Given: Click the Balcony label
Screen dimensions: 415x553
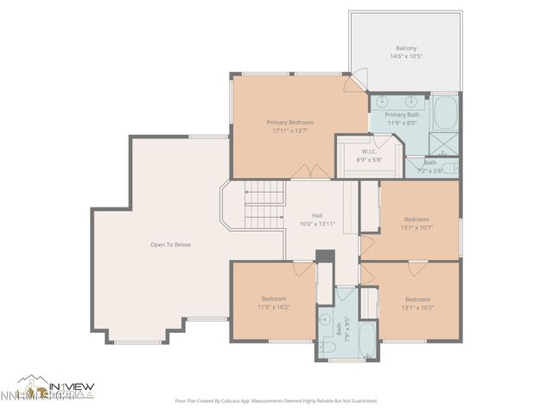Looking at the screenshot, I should point(405,48).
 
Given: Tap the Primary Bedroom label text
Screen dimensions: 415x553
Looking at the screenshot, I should point(289,123).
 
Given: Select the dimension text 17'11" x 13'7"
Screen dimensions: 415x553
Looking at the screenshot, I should point(289,131).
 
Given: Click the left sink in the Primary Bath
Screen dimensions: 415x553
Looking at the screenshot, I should point(382,102).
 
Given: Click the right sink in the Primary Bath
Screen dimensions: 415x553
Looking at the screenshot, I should point(408,102).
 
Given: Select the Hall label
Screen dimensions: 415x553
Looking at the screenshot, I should point(317,215).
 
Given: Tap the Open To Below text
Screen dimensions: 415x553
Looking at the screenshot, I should point(170,245).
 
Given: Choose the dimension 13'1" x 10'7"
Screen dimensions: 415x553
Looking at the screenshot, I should point(416,228).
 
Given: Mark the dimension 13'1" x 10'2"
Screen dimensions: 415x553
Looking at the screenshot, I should point(416,308).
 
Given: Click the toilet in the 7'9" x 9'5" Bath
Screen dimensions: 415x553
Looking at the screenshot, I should point(329,347).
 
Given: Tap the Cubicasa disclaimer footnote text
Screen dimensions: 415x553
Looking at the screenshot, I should point(276,401).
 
